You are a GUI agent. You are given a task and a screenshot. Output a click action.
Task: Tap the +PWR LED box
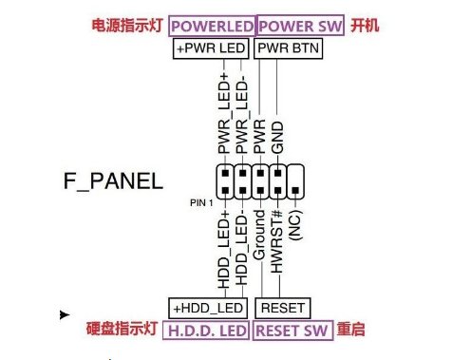point(211,47)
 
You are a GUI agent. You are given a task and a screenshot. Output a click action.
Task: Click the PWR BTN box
point(287,47)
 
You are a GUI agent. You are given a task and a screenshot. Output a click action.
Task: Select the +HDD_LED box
point(207,308)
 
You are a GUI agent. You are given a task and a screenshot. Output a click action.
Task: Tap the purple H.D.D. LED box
point(206,331)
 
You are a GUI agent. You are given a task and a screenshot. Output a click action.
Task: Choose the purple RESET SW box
point(292,331)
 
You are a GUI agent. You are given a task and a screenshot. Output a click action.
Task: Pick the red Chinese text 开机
point(366,26)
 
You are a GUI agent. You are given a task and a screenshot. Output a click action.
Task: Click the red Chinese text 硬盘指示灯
point(122,330)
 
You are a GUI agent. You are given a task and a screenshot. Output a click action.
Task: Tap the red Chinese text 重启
point(353,330)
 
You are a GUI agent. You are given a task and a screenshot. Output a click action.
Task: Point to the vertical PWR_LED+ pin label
point(224,115)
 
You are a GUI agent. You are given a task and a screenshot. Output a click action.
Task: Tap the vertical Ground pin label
point(260,238)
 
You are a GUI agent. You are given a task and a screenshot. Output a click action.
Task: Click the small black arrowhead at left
point(65,313)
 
